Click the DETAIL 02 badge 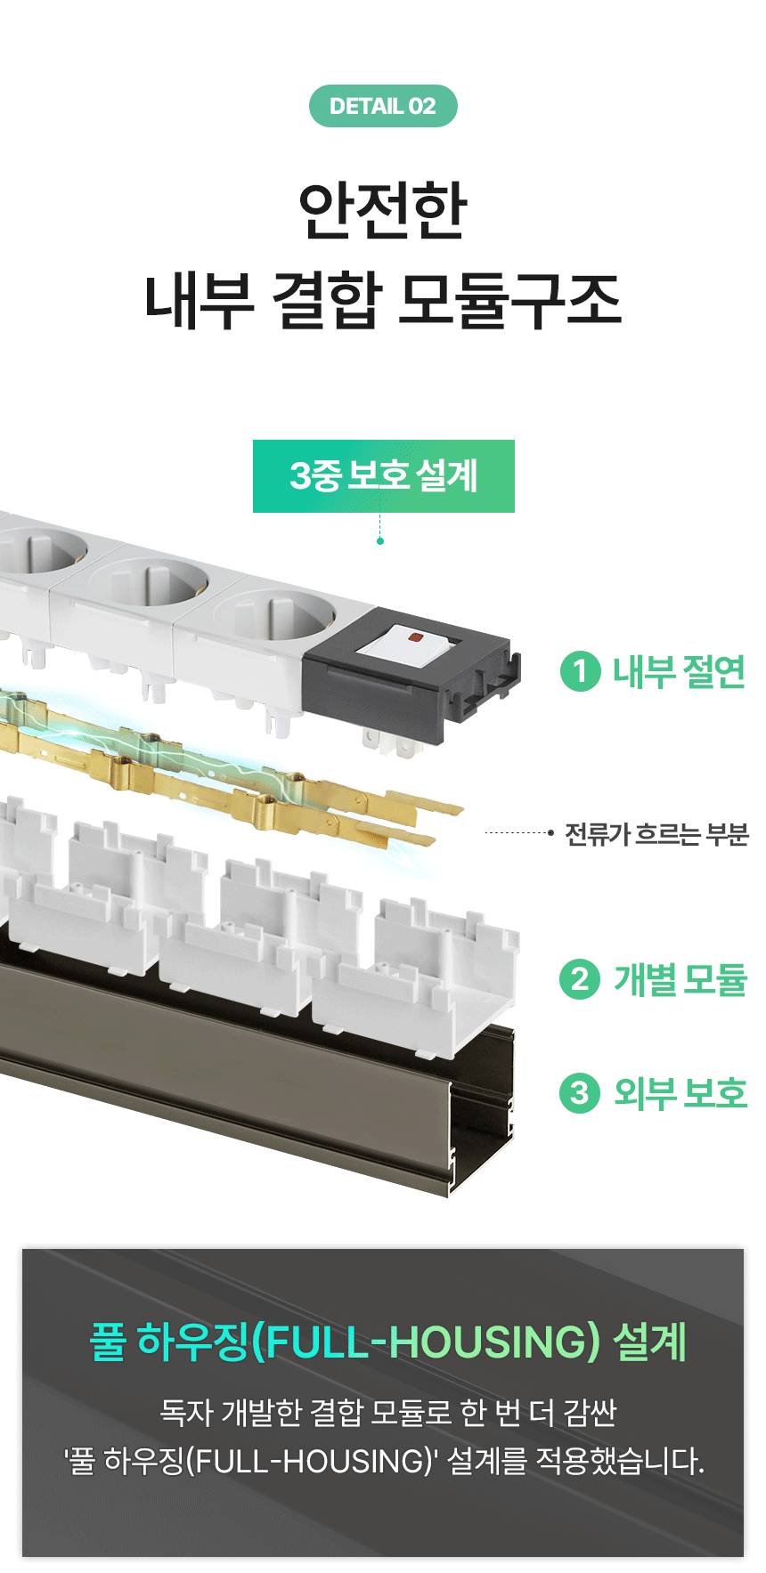point(383,106)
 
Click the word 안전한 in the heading point(383,210)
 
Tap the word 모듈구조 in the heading point(509,299)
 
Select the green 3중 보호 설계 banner point(384,476)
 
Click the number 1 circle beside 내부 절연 point(581,671)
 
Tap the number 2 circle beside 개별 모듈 point(581,979)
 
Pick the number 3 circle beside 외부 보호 point(581,1092)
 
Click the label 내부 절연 point(679,671)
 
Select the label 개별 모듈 point(680,979)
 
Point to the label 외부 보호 point(680,1092)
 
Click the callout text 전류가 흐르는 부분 point(656,834)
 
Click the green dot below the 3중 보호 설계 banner point(380,541)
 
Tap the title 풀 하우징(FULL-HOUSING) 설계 point(388,1342)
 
